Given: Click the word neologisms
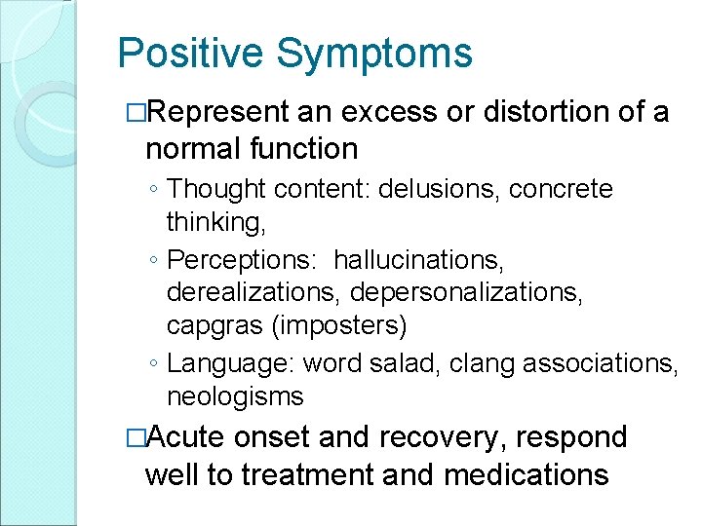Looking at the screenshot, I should tap(235, 396).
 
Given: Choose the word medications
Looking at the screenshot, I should tap(526, 474).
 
